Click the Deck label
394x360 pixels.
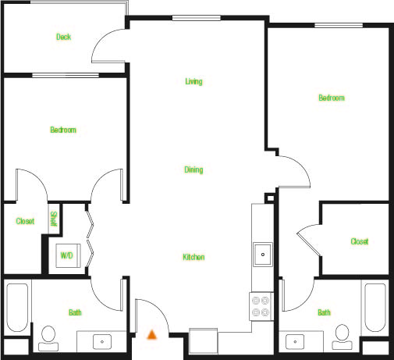click(x=64, y=37)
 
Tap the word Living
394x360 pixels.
click(x=194, y=81)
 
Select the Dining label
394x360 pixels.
click(x=194, y=169)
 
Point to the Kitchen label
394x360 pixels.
click(x=193, y=257)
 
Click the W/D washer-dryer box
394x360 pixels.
click(x=67, y=256)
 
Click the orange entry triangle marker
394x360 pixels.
click(x=152, y=334)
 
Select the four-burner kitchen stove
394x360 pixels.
click(x=260, y=305)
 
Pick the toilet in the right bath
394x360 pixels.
click(x=341, y=335)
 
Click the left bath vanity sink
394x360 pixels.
click(x=102, y=341)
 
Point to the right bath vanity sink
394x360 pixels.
click(x=295, y=341)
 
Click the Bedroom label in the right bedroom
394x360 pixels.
click(x=331, y=98)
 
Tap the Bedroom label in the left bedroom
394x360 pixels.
click(x=63, y=130)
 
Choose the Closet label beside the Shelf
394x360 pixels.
click(x=25, y=221)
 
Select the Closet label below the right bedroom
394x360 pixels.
click(x=359, y=241)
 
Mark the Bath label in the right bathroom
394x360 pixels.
click(x=323, y=312)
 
